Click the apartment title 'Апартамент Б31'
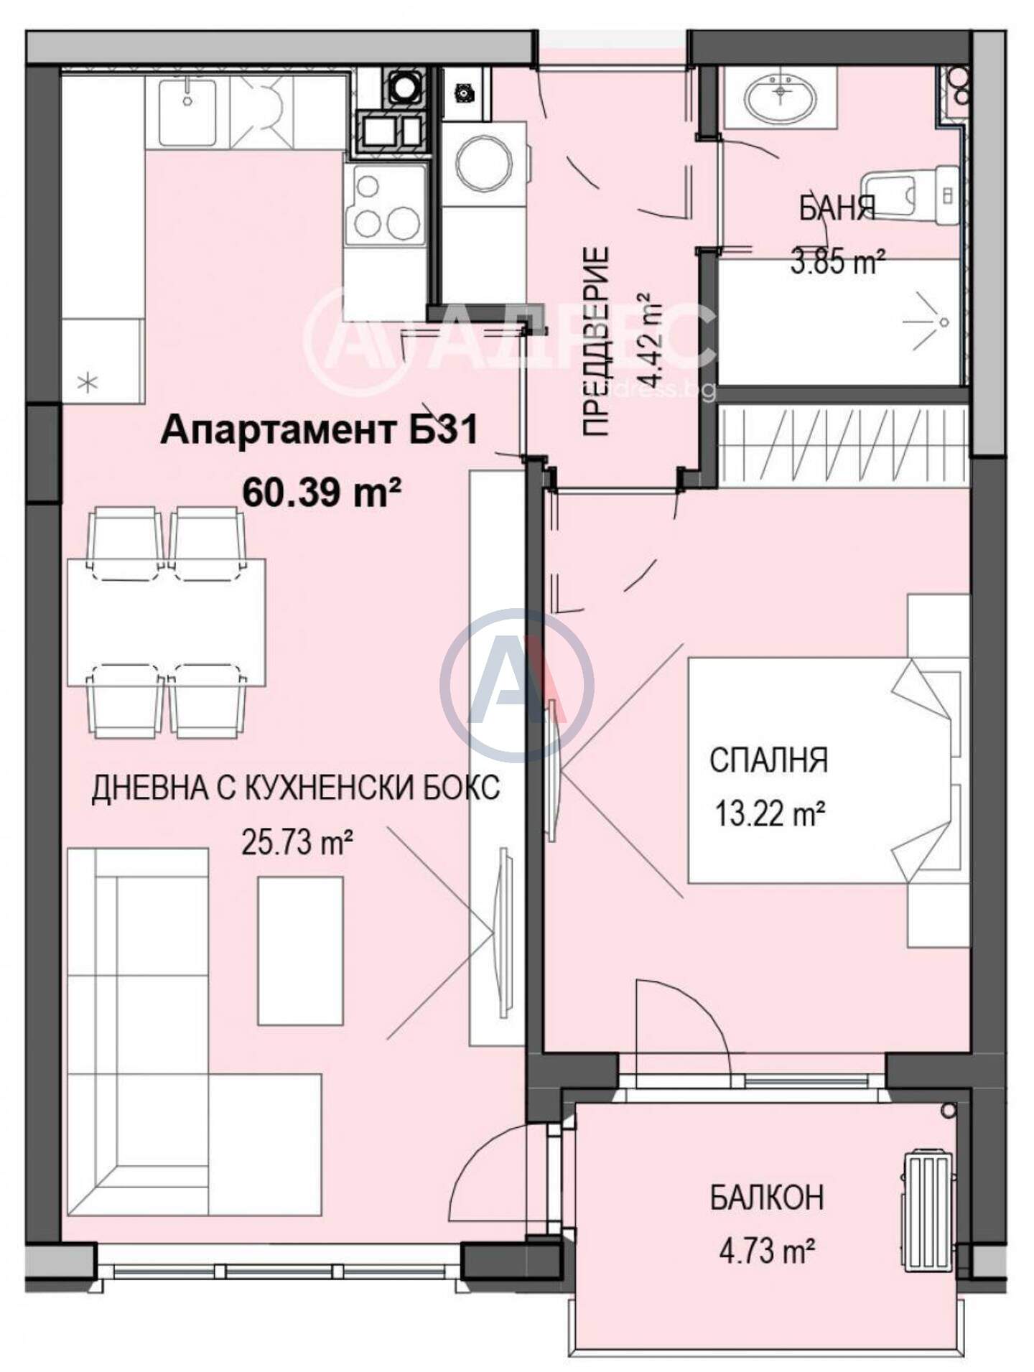click(319, 432)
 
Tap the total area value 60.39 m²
click(321, 493)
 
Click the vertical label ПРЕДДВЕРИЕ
click(595, 341)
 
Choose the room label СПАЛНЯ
click(768, 760)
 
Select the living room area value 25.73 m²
click(297, 842)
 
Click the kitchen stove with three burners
click(385, 207)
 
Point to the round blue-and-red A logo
click(517, 685)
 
